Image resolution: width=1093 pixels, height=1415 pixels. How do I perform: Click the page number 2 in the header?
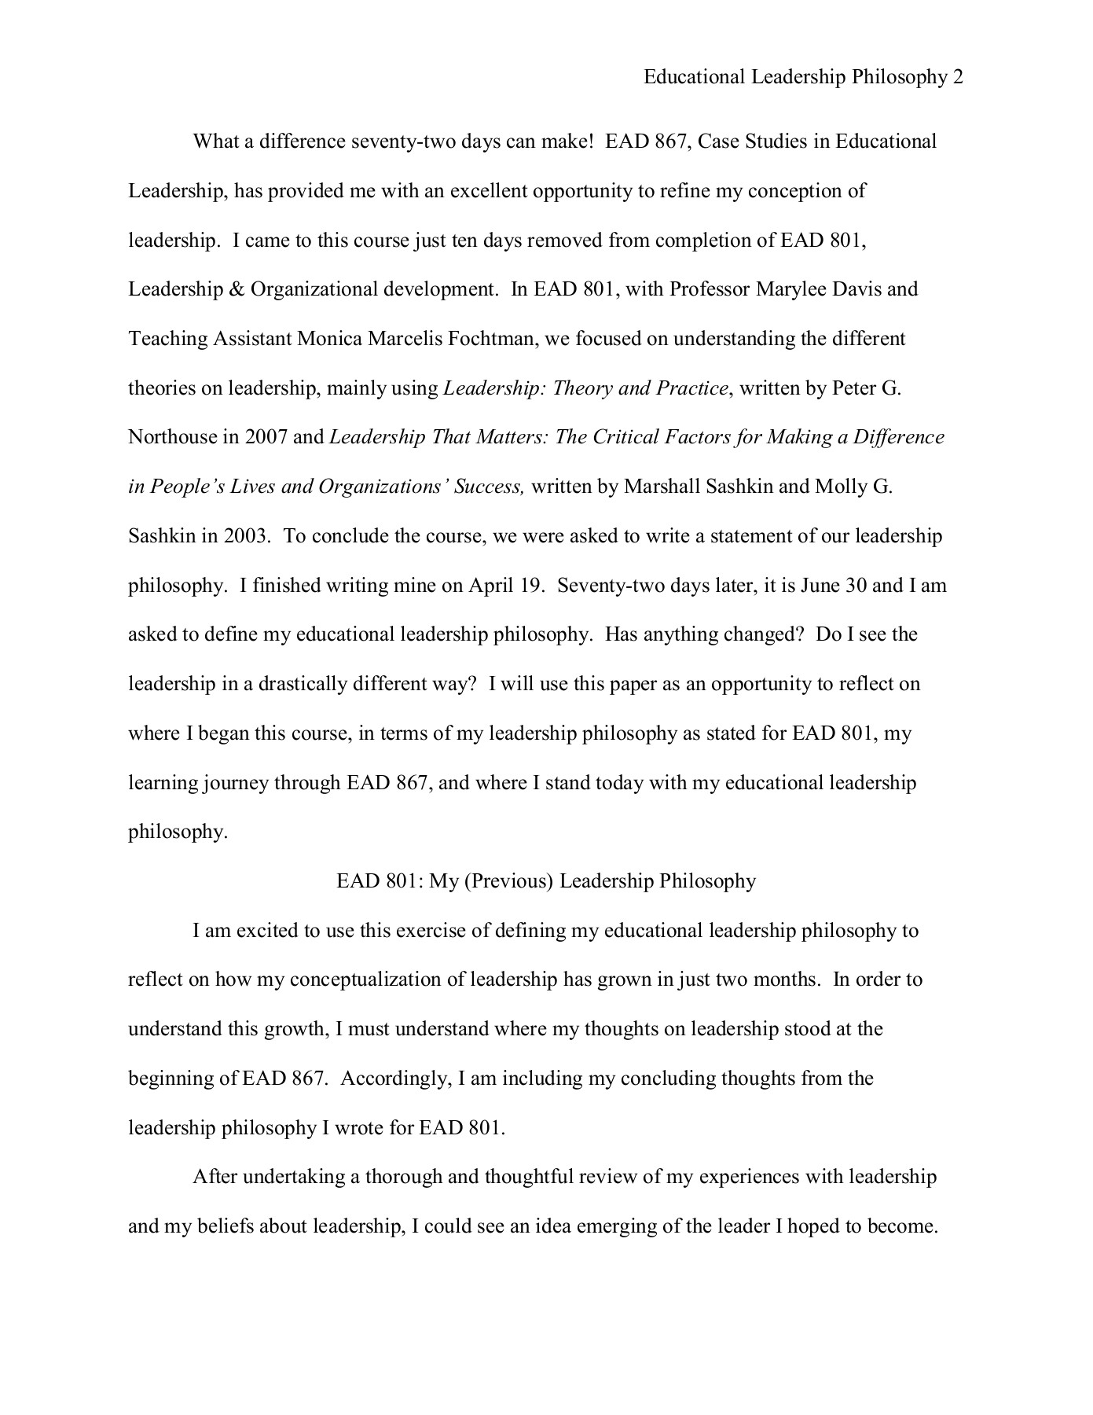pyautogui.click(x=957, y=77)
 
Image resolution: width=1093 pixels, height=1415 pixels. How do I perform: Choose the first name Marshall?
pyautogui.click(x=658, y=487)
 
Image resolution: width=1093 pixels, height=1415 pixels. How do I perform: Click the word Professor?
pyautogui.click(x=710, y=289)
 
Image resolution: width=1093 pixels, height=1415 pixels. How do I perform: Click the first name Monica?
pyautogui.click(x=329, y=339)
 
